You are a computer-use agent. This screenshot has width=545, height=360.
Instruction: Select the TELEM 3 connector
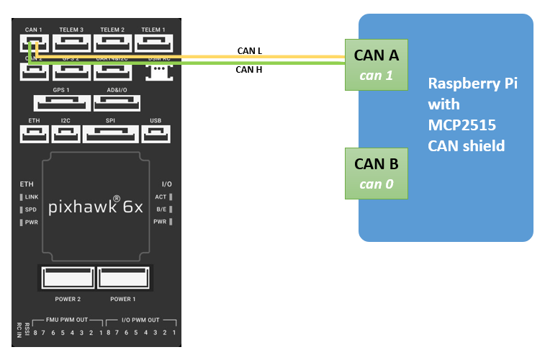pyautogui.click(x=72, y=44)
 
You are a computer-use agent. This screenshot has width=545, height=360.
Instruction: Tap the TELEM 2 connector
pyautogui.click(x=112, y=44)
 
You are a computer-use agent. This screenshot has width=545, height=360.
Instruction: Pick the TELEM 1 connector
pyautogui.click(x=153, y=44)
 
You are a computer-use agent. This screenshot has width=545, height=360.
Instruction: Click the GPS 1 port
pyautogui.click(x=60, y=103)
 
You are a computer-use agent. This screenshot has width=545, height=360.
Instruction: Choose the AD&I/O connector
pyautogui.click(x=117, y=103)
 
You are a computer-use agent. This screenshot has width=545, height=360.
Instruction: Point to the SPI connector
pyautogui.click(x=110, y=133)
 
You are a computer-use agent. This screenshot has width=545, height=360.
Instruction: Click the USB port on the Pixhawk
pyautogui.click(x=156, y=133)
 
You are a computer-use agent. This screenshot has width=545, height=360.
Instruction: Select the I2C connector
pyautogui.click(x=66, y=133)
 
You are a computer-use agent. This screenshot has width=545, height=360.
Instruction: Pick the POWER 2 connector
pyautogui.click(x=67, y=278)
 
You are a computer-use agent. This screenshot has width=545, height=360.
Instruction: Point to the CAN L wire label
pyautogui.click(x=249, y=51)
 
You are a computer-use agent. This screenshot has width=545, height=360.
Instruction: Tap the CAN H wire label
pyautogui.click(x=249, y=70)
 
